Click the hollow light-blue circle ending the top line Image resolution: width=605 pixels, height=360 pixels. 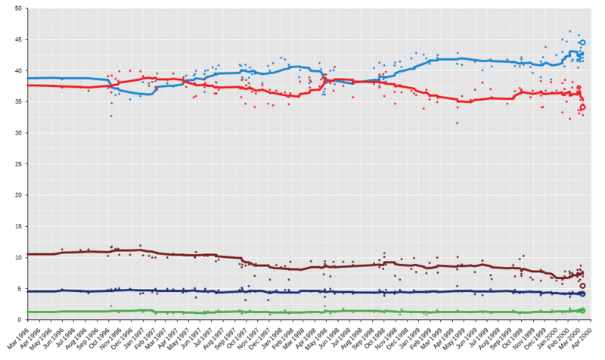click(x=582, y=42)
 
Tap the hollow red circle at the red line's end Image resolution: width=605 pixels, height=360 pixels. click(x=582, y=107)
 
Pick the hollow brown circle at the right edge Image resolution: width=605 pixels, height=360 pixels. click(x=582, y=285)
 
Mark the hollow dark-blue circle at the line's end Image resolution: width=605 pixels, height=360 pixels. click(x=582, y=293)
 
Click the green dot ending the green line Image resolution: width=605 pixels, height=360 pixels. click(x=582, y=310)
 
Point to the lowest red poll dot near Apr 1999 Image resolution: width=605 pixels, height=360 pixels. click(x=458, y=123)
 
